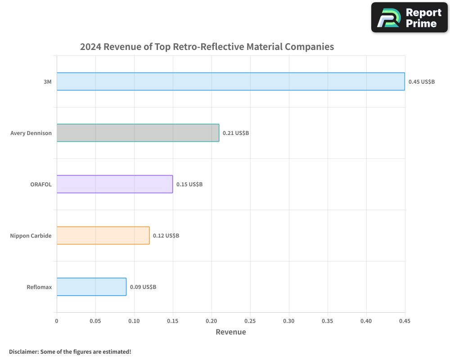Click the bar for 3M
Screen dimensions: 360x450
point(230,81)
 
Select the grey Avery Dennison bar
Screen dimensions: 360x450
point(138,133)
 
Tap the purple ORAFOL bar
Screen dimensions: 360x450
point(115,184)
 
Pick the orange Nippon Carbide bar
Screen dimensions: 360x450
point(103,235)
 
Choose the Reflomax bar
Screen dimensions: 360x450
point(91,287)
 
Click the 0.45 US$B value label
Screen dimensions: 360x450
point(422,82)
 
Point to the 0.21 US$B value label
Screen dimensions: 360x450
point(236,133)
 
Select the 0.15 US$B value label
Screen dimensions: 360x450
point(189,184)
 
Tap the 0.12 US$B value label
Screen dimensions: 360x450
point(166,236)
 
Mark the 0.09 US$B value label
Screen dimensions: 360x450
point(143,287)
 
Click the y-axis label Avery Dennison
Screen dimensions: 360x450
point(31,133)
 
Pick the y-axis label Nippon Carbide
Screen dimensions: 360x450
point(31,236)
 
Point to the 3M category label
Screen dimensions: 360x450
point(48,82)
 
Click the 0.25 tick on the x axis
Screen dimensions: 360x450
point(250,321)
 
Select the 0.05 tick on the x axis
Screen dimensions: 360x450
point(95,321)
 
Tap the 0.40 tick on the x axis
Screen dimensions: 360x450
point(366,321)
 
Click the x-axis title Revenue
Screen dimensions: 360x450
point(231,332)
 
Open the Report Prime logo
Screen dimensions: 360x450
point(409,18)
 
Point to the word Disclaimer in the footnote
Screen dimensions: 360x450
point(23,351)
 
